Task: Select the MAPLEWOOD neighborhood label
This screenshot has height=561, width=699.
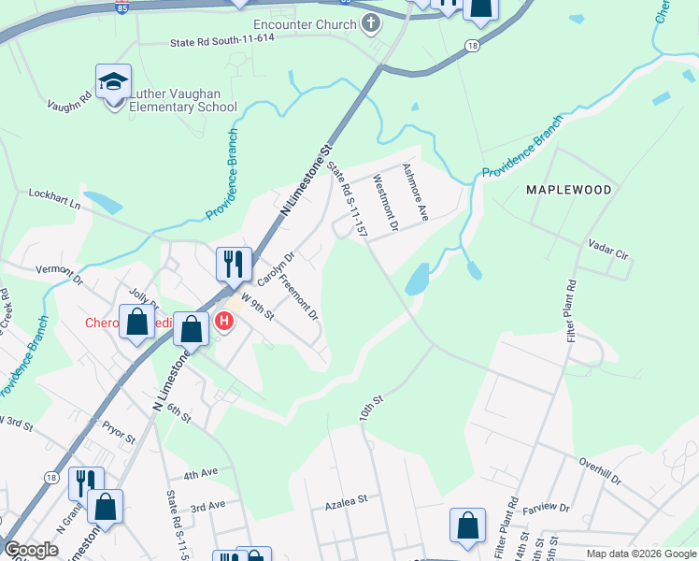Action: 568,190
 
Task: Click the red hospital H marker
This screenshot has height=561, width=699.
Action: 224,323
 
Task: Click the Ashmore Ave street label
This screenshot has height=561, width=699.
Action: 414,193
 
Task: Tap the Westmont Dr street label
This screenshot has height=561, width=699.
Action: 385,203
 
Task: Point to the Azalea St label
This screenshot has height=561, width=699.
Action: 346,501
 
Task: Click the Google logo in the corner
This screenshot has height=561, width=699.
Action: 31,550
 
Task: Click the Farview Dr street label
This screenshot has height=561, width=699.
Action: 546,507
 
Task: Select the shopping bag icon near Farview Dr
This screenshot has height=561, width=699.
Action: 466,525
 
